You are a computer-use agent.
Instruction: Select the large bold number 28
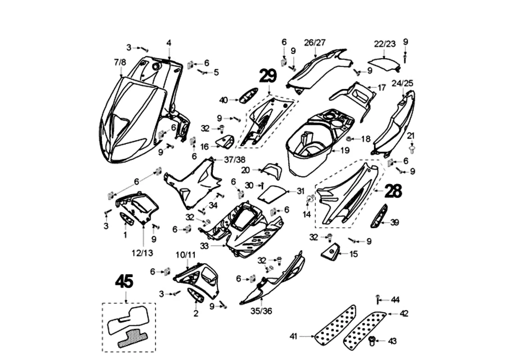393,191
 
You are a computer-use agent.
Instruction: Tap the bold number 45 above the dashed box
124,281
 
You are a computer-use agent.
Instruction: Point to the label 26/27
315,43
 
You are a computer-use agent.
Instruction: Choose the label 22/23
385,44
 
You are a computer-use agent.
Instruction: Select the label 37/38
235,159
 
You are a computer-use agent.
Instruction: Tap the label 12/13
143,253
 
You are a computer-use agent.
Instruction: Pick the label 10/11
185,255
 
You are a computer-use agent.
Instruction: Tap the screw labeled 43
372,341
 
